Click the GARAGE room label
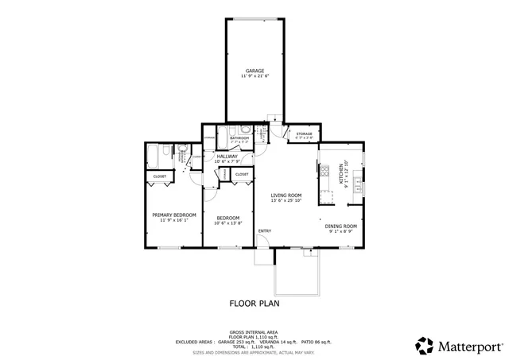pos(254,71)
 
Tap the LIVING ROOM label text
pos(286,195)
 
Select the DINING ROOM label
pos(340,226)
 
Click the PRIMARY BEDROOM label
pos(174,215)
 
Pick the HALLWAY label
pos(227,157)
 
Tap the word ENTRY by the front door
pos(264,231)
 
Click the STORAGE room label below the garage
pos(304,134)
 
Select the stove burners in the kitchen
pos(324,169)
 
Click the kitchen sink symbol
pos(359,188)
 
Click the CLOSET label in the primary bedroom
pos(159,176)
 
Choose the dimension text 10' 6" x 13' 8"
pos(229,223)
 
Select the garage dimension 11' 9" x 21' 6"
pos(254,76)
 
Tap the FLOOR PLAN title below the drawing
pos(254,303)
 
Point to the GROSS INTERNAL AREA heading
pos(254,331)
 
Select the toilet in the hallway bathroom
pos(246,130)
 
